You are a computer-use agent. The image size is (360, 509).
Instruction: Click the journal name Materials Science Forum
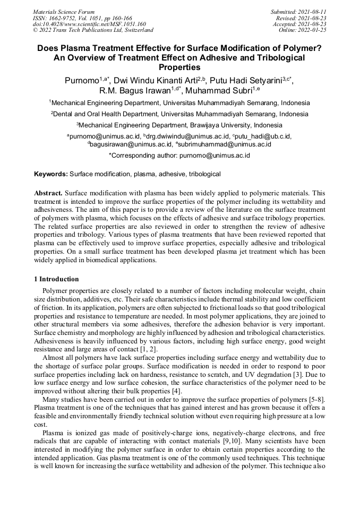click(64, 12)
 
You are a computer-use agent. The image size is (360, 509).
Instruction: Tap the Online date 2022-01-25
click(313, 30)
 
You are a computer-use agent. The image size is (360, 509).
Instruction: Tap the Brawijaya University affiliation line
click(179, 125)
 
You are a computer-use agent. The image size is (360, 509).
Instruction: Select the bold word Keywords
click(51, 174)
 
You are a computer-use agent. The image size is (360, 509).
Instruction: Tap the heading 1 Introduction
click(56, 279)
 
